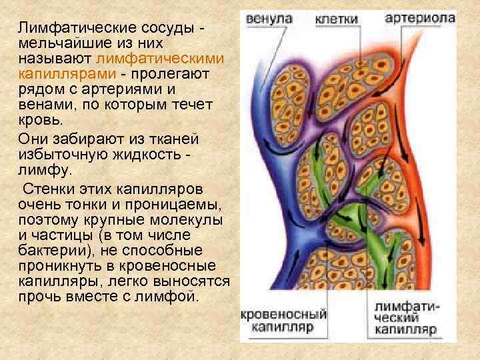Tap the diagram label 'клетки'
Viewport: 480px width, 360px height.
(339, 19)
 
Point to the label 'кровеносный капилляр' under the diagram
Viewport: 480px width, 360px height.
(283, 321)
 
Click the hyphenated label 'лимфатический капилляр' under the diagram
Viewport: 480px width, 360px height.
(405, 318)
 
